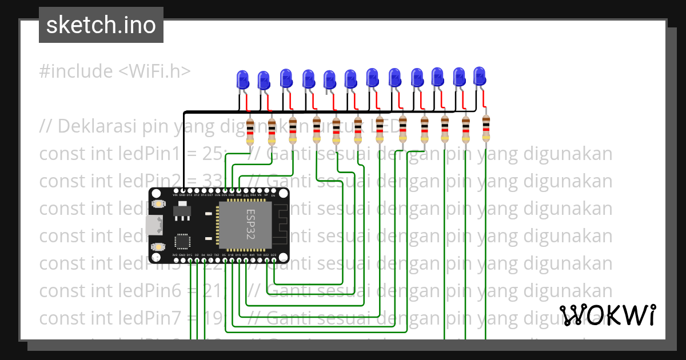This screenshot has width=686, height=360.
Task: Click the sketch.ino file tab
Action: (x=101, y=25)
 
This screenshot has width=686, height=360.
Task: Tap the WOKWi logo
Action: (x=607, y=315)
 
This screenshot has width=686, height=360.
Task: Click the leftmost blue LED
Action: (x=242, y=79)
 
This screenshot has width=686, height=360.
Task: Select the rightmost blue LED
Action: (x=480, y=75)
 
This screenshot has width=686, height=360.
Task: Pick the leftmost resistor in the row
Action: (x=250, y=131)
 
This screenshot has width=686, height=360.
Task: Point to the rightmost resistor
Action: (x=486, y=129)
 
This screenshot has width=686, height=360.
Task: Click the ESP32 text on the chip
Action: (x=252, y=225)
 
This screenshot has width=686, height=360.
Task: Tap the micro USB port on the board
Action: (x=152, y=225)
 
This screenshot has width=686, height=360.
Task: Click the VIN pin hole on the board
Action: (x=176, y=190)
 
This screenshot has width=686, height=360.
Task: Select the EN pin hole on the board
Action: (x=273, y=190)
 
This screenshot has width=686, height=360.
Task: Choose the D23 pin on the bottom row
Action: (x=273, y=261)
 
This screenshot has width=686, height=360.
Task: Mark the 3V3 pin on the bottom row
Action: (x=176, y=261)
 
